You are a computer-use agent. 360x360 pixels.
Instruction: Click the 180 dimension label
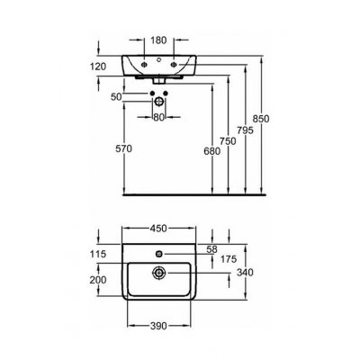click(158, 40)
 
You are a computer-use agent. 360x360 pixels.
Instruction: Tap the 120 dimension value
click(98, 67)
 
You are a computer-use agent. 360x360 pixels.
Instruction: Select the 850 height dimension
click(261, 119)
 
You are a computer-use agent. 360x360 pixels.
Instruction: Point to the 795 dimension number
click(245, 130)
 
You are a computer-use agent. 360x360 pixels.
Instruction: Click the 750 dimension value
click(228, 141)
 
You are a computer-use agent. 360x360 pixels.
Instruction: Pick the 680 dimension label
click(211, 151)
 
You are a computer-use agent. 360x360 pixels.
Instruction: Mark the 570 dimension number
click(124, 148)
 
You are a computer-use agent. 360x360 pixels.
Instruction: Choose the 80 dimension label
click(158, 117)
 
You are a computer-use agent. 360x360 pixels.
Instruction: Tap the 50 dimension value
click(116, 97)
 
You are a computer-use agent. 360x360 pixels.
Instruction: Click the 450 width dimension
click(158, 229)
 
